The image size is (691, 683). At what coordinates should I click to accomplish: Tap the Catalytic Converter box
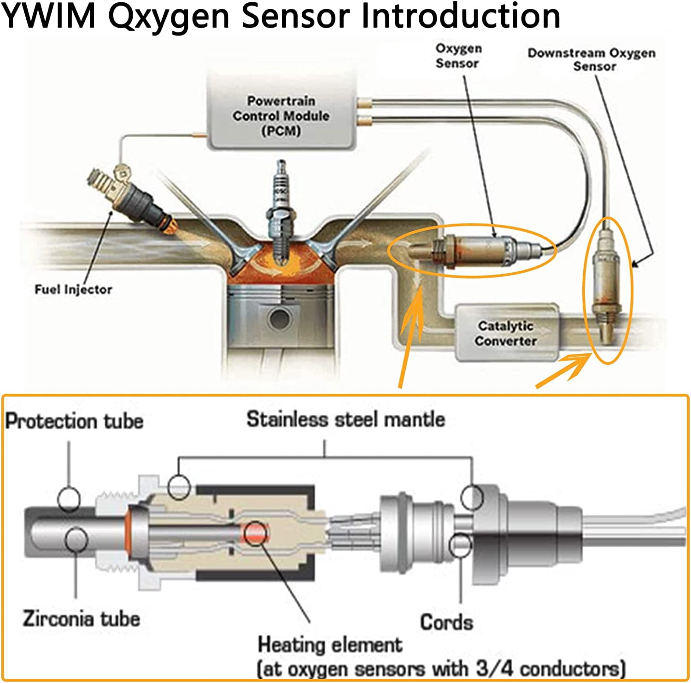[507, 333]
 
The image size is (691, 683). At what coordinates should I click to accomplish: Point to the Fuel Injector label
[74, 290]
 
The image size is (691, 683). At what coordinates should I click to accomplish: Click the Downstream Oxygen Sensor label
[592, 60]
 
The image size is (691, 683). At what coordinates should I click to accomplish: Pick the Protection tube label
[74, 421]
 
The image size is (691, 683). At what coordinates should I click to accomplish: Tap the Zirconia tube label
[81, 619]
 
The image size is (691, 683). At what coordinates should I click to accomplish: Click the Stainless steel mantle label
[345, 420]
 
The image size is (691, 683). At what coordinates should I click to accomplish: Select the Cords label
[446, 622]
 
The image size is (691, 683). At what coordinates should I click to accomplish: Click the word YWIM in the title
[49, 17]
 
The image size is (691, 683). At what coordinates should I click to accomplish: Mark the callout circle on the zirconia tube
[76, 540]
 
